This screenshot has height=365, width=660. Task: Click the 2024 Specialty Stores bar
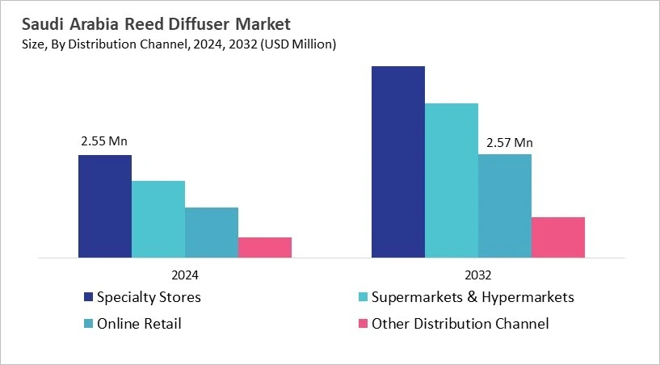(104, 207)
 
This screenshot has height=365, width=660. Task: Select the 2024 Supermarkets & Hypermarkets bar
(158, 220)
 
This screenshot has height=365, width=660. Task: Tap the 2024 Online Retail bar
(211, 233)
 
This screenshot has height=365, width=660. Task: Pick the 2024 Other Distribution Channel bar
(264, 248)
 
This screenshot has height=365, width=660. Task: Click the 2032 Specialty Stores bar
(397, 162)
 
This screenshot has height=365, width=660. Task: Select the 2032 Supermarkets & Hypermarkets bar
(451, 181)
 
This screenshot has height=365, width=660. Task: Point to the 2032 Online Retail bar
(504, 206)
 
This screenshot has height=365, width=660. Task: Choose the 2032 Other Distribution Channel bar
(557, 237)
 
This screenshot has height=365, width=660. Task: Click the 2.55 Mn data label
(104, 141)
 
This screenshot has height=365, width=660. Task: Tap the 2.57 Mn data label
(509, 144)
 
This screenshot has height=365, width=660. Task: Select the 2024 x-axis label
(185, 274)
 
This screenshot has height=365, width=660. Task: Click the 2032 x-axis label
(477, 274)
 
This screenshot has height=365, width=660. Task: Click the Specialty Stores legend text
(149, 297)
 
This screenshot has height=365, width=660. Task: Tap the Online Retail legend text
(139, 324)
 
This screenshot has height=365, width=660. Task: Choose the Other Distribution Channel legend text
(460, 324)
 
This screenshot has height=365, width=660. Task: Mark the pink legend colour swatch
(361, 324)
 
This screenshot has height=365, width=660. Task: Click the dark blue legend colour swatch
(87, 297)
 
